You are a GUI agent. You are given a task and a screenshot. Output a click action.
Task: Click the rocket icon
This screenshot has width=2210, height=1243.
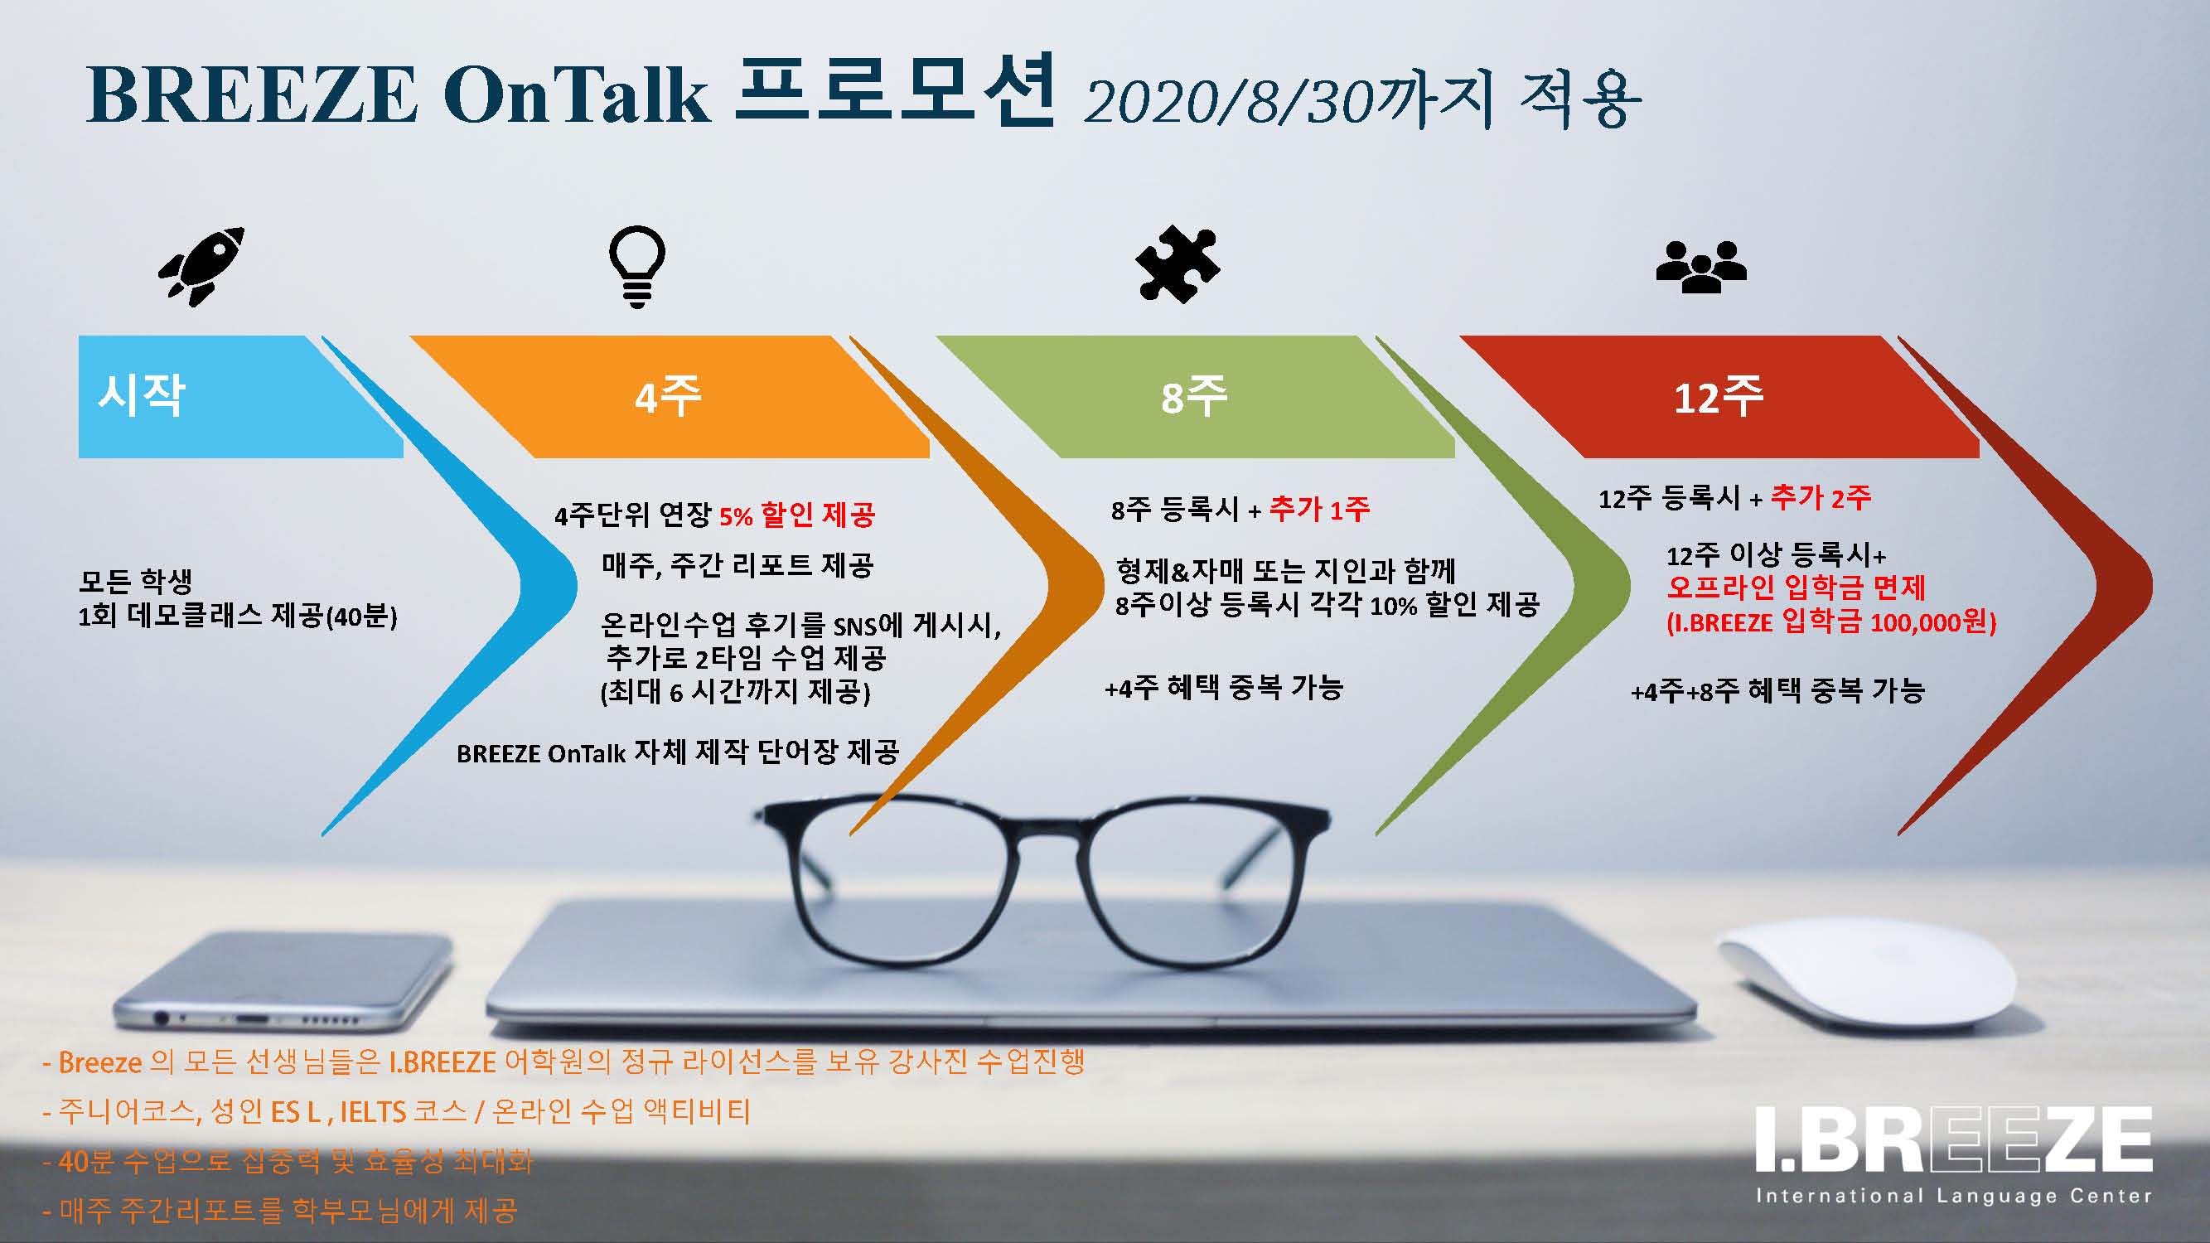tap(201, 266)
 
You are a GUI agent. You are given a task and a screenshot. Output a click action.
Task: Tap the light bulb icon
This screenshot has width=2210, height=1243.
tap(636, 266)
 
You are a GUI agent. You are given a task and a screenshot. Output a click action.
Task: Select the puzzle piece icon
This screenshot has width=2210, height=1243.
tap(1177, 264)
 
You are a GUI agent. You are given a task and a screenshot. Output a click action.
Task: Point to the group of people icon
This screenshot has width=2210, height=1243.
tap(1700, 267)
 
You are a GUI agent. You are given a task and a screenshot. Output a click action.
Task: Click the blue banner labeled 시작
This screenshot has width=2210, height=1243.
tap(240, 396)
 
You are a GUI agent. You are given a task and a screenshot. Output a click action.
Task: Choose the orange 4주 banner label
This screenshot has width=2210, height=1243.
tap(669, 396)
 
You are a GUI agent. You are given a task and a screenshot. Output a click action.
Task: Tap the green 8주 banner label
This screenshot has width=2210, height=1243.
tap(1194, 396)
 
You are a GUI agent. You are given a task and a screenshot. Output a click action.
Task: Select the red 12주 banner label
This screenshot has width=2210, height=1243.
tap(1719, 396)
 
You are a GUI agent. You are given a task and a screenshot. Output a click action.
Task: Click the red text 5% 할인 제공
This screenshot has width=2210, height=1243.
tap(797, 515)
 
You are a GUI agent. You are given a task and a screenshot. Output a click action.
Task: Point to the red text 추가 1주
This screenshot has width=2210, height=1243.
tap(1319, 510)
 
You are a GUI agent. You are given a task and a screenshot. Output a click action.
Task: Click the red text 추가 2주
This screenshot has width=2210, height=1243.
tap(1821, 497)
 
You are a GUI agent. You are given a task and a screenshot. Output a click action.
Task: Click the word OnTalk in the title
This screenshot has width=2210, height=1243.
tap(577, 95)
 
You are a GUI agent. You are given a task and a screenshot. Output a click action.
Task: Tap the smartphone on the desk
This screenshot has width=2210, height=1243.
tap(283, 982)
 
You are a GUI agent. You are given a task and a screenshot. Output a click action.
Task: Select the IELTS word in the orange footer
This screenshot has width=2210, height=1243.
tap(373, 1113)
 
